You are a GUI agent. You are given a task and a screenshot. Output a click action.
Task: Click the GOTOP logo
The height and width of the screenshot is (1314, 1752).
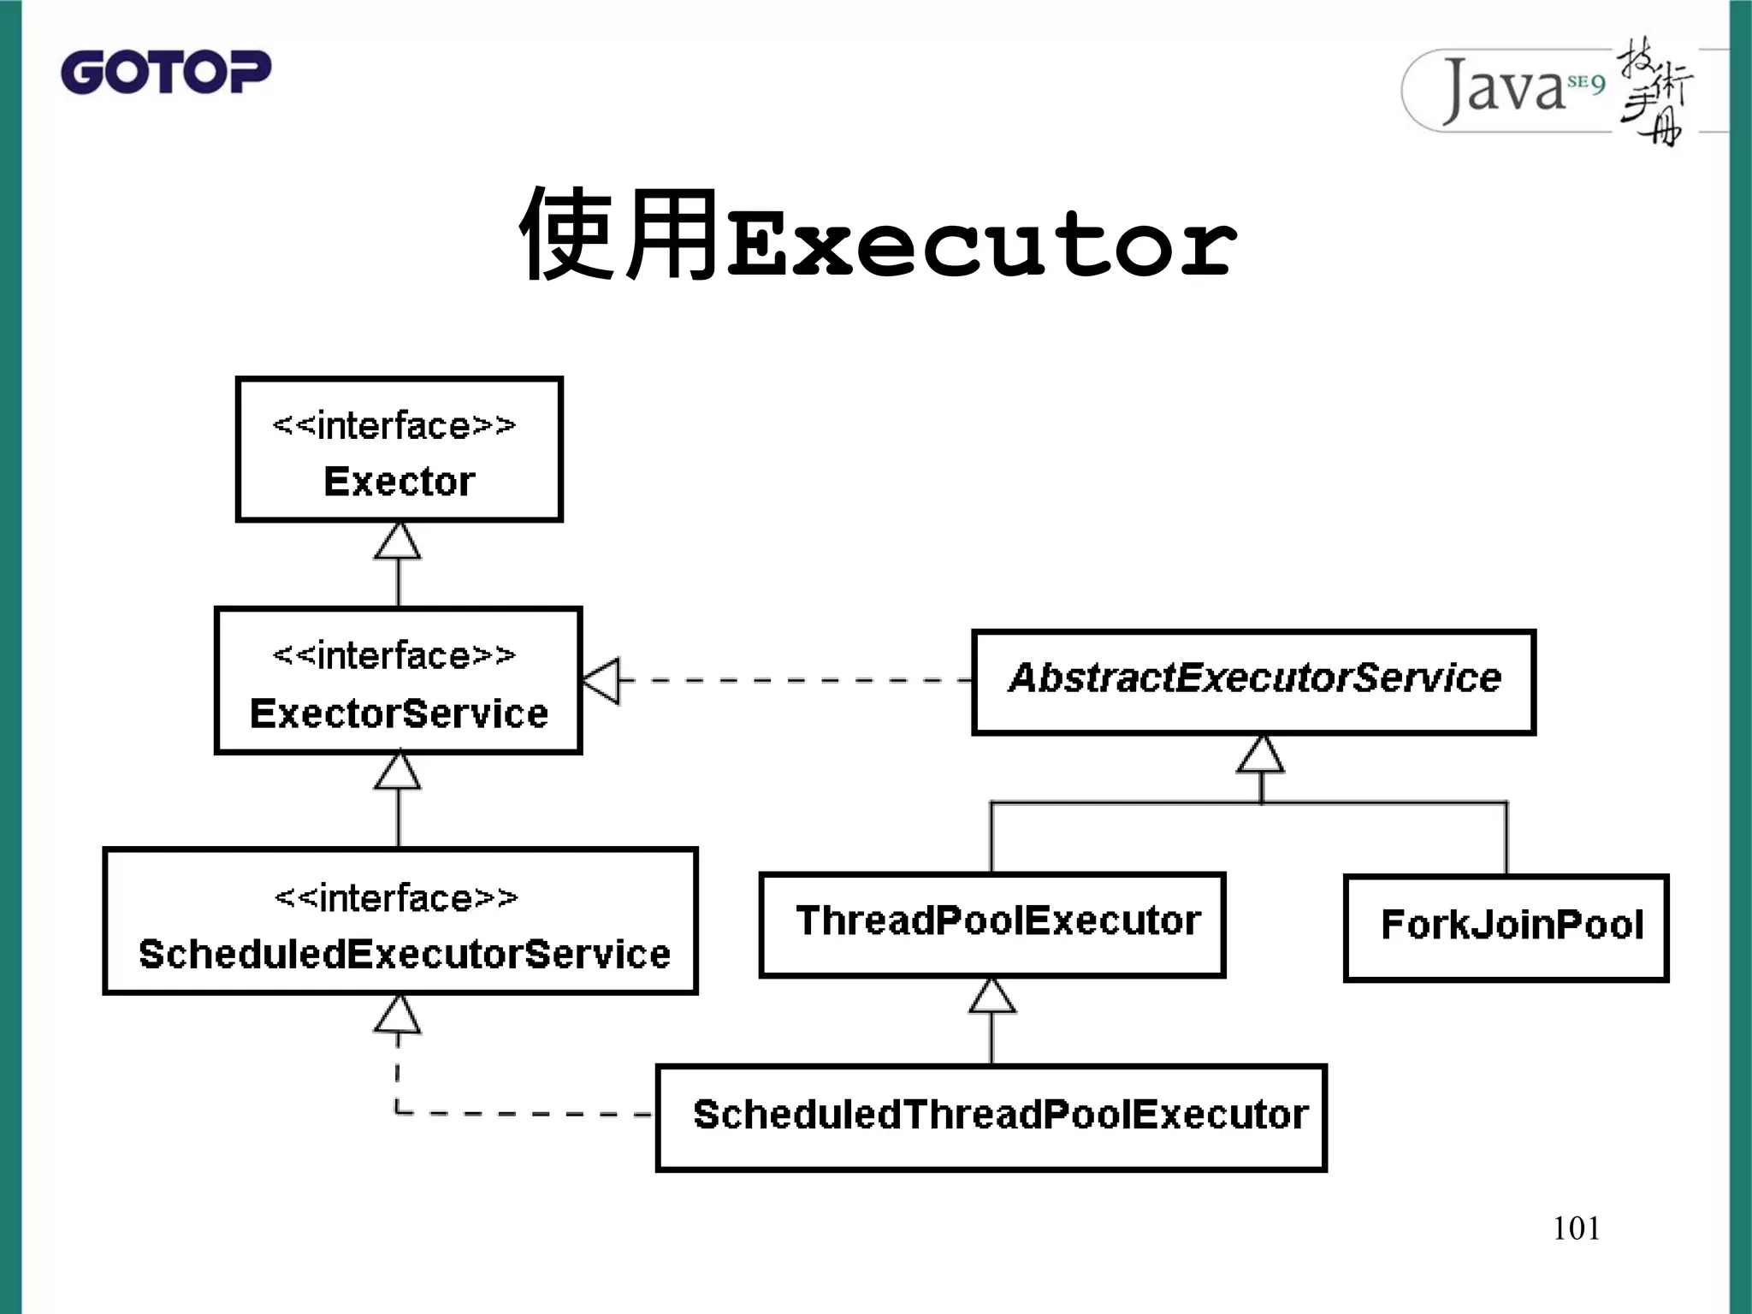click(x=166, y=72)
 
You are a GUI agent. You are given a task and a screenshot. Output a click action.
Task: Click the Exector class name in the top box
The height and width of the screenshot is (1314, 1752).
click(x=399, y=482)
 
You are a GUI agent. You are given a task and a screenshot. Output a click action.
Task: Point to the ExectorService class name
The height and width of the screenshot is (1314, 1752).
click(x=399, y=713)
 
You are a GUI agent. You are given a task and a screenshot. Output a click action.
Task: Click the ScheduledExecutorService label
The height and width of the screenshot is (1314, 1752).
click(x=404, y=954)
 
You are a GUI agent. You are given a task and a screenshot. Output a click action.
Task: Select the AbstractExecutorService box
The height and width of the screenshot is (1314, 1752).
click(x=1253, y=681)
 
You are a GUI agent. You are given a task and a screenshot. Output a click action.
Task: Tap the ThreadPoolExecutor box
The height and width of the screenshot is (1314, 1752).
click(x=992, y=924)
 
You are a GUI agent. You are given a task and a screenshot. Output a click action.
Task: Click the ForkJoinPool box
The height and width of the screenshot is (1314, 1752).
click(x=1506, y=927)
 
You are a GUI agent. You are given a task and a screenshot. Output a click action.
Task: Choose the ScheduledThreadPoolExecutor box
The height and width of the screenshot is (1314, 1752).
click(x=991, y=1116)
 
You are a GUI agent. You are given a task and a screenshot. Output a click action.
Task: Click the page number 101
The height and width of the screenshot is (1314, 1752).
click(x=1576, y=1228)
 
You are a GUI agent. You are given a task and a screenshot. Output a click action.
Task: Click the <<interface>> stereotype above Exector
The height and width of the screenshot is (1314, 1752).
click(x=394, y=426)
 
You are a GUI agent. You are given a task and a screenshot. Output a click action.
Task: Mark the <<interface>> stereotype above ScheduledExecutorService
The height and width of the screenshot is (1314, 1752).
click(x=396, y=898)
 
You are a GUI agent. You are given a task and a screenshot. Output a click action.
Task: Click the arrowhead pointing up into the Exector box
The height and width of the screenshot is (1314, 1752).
click(x=398, y=543)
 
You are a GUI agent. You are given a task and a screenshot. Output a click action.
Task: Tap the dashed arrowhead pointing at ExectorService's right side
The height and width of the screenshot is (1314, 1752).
click(x=602, y=681)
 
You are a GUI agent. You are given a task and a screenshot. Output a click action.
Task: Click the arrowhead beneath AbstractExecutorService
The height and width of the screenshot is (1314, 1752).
click(x=1261, y=755)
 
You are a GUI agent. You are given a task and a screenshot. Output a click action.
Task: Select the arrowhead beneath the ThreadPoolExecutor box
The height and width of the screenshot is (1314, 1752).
click(x=992, y=997)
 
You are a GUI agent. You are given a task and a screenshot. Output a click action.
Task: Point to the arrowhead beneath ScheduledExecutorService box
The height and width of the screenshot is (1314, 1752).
click(x=398, y=1015)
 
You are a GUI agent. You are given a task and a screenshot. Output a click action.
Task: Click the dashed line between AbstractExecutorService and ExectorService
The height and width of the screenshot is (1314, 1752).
click(x=796, y=681)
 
